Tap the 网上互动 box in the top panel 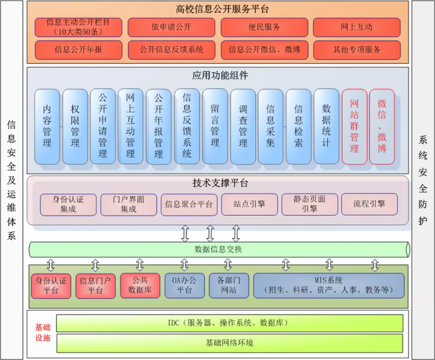click(357, 27)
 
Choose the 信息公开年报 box click(78, 50)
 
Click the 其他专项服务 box click(357, 50)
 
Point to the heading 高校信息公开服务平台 click(218, 9)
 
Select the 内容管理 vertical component click(47, 126)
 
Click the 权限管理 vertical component click(75, 126)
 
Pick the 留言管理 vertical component click(215, 126)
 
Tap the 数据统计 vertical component click(327, 126)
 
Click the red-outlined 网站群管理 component click(354, 126)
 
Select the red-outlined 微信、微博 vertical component click(383, 126)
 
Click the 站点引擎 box click(248, 204)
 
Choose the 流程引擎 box click(369, 204)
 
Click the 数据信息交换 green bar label click(218, 249)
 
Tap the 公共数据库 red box click(140, 285)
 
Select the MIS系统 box click(328, 285)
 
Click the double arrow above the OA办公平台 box click(184, 265)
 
